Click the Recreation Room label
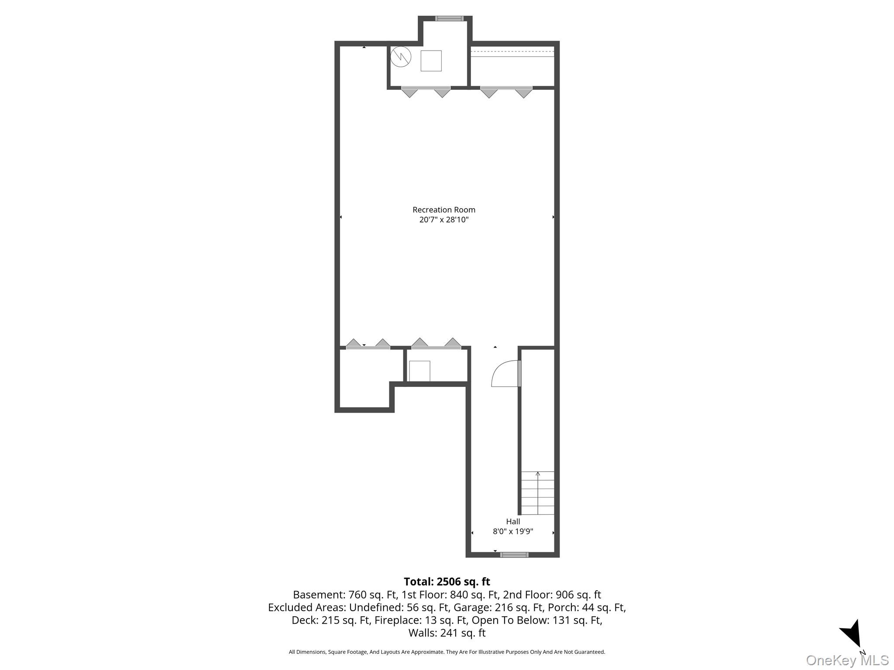click(444, 210)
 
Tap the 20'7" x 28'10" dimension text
click(444, 220)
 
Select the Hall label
click(513, 521)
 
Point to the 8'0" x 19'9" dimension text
click(513, 531)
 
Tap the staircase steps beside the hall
click(538, 493)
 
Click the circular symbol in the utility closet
click(401, 57)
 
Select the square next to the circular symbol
click(431, 61)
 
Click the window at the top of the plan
click(449, 18)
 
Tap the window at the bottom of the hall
click(514, 555)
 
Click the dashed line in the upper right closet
click(512, 51)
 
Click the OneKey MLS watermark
click(847, 660)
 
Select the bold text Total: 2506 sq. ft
click(447, 581)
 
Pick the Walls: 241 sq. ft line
click(447, 632)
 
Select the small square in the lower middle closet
click(419, 371)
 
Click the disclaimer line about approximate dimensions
click(447, 652)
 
